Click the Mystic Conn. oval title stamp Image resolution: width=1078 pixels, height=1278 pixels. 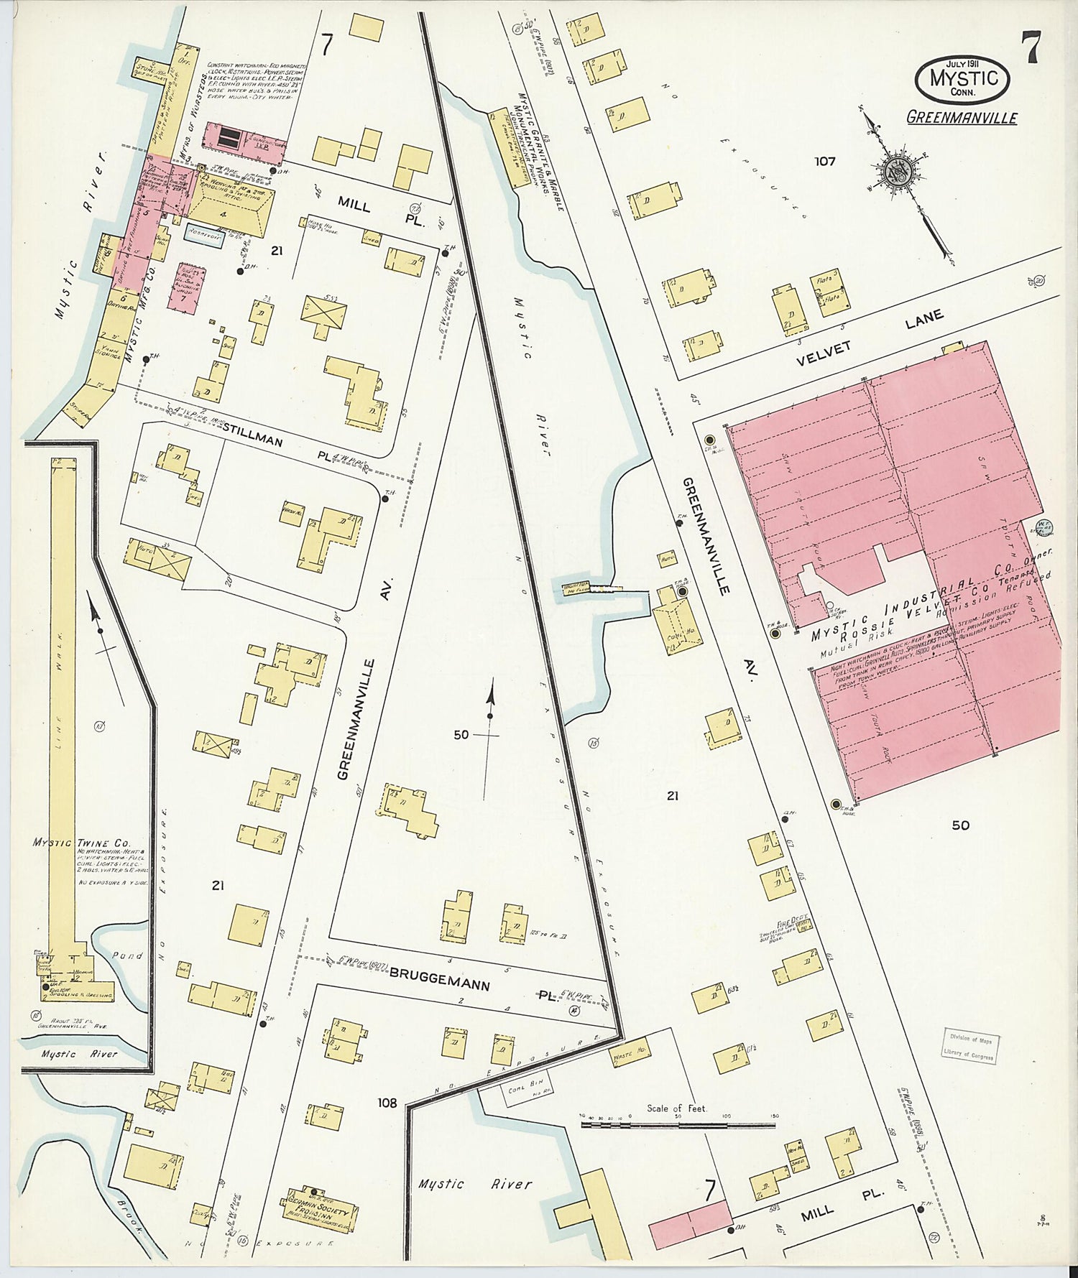pos(962,78)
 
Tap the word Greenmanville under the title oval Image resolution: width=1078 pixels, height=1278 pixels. pos(962,117)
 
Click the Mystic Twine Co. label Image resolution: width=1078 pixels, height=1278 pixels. pos(90,842)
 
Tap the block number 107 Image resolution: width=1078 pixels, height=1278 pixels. pos(824,161)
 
